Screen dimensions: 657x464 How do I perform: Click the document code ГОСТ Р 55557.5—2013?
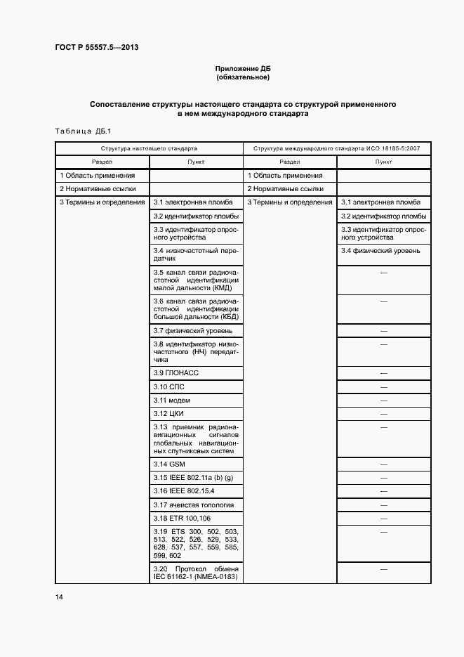[96, 48]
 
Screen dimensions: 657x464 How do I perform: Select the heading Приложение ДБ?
[242, 69]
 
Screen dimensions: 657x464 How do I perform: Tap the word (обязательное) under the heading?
[242, 77]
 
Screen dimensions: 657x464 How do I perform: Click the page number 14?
[59, 597]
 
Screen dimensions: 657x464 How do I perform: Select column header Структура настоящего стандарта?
[149, 149]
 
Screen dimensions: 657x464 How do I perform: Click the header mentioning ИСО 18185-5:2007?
[336, 149]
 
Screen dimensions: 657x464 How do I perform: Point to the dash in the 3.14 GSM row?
[384, 464]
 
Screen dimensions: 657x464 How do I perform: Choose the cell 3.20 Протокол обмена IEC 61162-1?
[196, 573]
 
